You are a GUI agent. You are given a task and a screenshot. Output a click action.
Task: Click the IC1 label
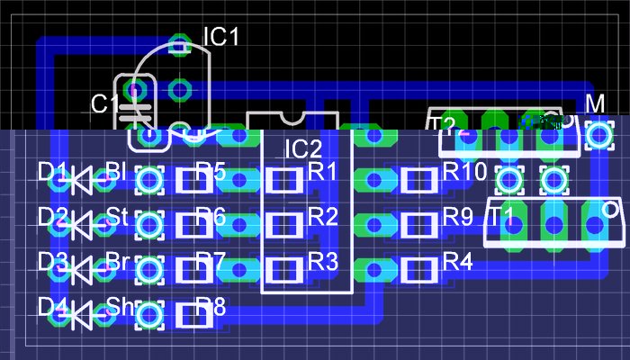(x=220, y=37)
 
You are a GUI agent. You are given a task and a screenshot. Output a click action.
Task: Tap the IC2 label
(x=303, y=148)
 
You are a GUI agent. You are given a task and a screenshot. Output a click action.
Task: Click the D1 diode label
(x=52, y=170)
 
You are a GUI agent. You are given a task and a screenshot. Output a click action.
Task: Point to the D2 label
(x=52, y=216)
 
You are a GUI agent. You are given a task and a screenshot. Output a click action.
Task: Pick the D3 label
(x=52, y=262)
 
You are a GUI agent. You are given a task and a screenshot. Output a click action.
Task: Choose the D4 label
(x=52, y=307)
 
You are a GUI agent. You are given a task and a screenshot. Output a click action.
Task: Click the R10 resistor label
(x=464, y=170)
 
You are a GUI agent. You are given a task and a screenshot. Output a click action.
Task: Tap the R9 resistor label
(x=457, y=216)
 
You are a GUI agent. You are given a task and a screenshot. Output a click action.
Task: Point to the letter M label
(x=596, y=104)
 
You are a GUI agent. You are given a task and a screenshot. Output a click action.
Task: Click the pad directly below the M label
(x=598, y=136)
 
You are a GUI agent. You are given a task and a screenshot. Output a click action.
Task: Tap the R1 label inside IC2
(x=323, y=170)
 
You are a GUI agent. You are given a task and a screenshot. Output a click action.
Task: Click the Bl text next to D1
(x=116, y=170)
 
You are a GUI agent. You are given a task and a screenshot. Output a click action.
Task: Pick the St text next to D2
(x=117, y=216)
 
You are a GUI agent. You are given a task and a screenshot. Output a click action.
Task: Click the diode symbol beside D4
(x=84, y=314)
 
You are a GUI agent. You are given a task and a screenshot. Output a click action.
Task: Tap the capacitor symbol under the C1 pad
(x=135, y=113)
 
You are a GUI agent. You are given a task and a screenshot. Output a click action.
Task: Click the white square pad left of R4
(x=417, y=268)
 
